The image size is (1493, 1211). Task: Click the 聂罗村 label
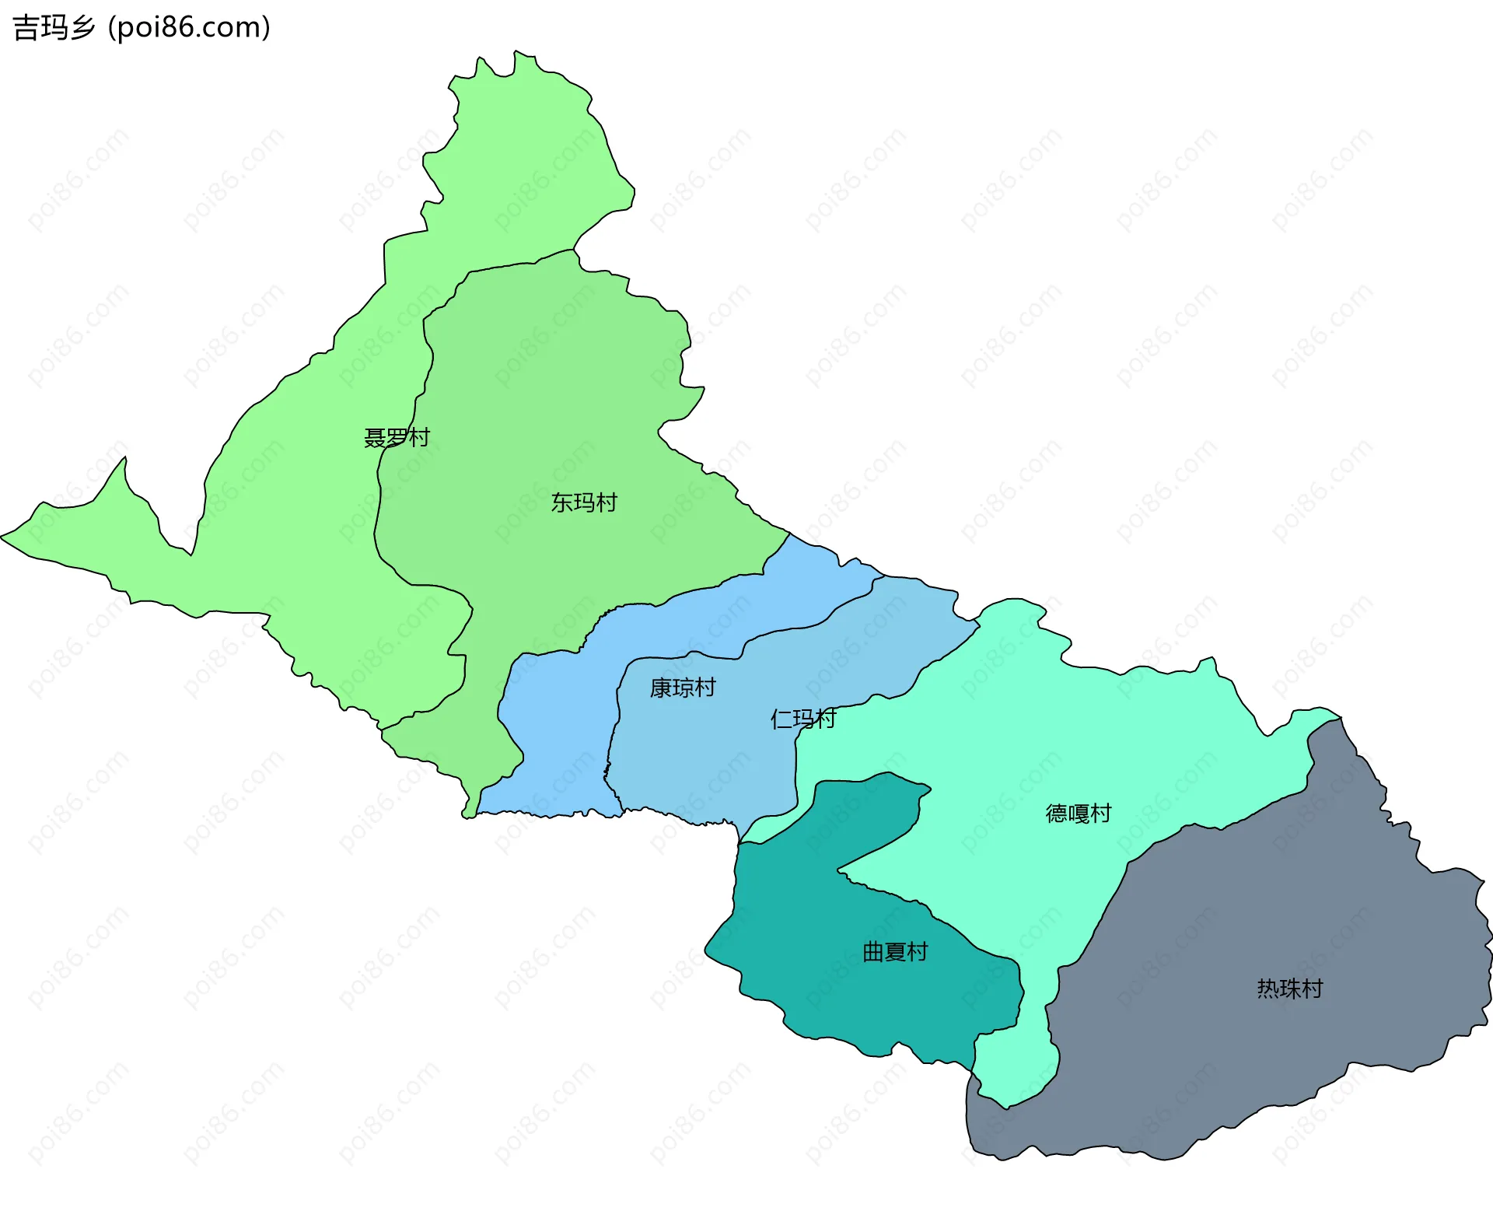click(x=397, y=438)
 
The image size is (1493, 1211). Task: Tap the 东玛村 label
click(x=584, y=503)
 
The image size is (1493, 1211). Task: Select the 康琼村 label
click(x=682, y=688)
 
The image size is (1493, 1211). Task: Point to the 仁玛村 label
click(x=802, y=719)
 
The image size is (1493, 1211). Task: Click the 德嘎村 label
click(x=1079, y=814)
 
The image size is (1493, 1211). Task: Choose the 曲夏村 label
click(x=895, y=952)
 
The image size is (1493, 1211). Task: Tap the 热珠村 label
click(x=1290, y=989)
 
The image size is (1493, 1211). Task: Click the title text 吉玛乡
click(x=54, y=28)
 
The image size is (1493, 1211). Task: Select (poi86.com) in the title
click(x=190, y=28)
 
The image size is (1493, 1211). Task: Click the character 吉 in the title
click(x=26, y=28)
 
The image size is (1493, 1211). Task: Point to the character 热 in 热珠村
click(x=1268, y=989)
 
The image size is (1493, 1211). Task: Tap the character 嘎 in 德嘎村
click(x=1079, y=814)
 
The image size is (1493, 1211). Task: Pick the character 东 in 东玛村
click(x=562, y=503)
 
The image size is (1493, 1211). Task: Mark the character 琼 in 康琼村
click(x=682, y=688)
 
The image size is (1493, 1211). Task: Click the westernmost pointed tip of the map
click(x=2, y=536)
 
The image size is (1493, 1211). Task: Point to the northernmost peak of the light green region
click(x=515, y=52)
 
